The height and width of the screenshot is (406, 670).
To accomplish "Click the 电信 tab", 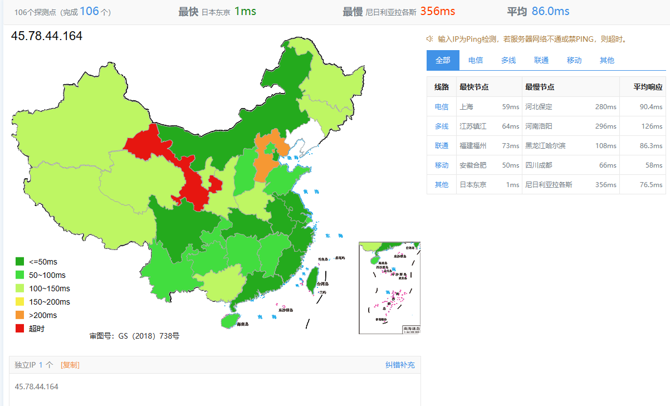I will coord(475,60).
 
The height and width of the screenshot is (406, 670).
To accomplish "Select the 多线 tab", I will coord(508,60).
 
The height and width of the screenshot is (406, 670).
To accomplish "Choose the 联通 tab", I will coord(541,60).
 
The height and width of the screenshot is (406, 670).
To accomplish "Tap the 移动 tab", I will coord(574,60).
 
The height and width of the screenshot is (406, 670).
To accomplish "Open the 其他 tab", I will coord(607,60).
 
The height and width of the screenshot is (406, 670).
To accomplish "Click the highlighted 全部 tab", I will coord(443,60).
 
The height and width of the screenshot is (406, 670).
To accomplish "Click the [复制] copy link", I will coord(70,365).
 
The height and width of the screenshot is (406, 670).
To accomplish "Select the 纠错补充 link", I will coord(400,365).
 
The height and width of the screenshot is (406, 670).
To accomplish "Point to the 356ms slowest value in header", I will coord(437,11).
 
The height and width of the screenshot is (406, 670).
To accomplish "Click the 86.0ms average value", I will coord(550,11).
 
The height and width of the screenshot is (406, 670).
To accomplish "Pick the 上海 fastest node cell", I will coord(466,107).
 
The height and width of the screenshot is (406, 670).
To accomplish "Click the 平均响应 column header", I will coord(648,87).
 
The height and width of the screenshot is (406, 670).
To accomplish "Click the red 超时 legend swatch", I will coord(19,329).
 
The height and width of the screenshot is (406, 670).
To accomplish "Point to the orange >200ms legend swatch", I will coord(19,315).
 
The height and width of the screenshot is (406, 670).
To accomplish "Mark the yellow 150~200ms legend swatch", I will coord(19,302).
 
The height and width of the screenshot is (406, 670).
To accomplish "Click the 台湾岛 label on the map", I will coord(323,283).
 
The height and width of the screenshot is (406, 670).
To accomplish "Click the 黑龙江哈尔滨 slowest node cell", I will coord(545,146).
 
